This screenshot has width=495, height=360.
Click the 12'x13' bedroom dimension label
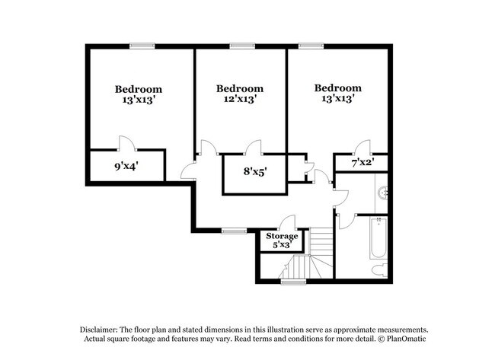[x=240, y=98]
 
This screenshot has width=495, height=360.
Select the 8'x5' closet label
[x=254, y=172]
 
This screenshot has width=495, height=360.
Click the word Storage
[x=282, y=236]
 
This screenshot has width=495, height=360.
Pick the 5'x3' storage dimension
[x=282, y=245]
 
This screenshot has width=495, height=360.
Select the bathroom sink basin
[x=382, y=193]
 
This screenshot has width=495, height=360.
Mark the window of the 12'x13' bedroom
[x=242, y=46]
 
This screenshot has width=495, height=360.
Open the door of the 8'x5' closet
[x=254, y=147]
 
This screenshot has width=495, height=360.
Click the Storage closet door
[x=287, y=223]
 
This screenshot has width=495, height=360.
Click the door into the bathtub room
[x=340, y=215]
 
